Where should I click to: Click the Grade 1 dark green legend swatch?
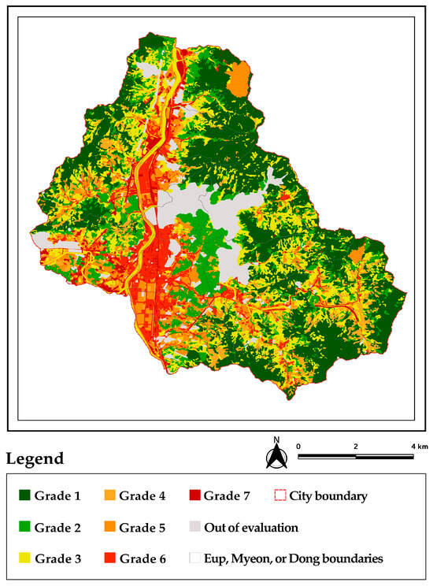coord(26,496)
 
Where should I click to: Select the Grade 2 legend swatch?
coord(26,527)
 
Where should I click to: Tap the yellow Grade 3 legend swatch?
coord(26,558)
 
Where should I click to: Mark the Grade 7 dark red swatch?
coord(195,496)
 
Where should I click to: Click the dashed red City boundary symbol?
coord(277,496)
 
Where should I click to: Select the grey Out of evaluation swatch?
coord(195,527)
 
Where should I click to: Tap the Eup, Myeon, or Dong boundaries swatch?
coord(195,558)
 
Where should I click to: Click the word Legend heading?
coord(35,458)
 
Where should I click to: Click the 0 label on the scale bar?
coord(299,446)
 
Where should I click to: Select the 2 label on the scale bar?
coord(356,446)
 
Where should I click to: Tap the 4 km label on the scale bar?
coord(414,446)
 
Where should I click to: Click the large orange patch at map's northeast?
coord(238,80)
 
